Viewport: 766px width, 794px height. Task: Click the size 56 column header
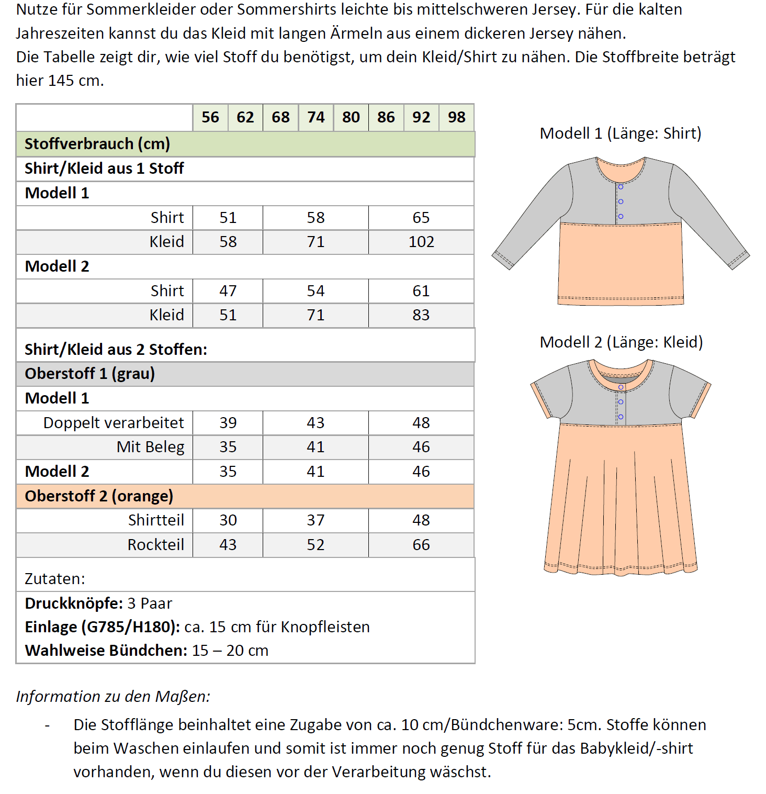click(x=210, y=117)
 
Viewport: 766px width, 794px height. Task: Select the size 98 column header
click(x=456, y=117)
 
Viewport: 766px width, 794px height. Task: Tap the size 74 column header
click(x=316, y=117)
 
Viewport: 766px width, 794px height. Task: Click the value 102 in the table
click(x=421, y=242)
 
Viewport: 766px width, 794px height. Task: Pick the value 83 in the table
click(x=421, y=315)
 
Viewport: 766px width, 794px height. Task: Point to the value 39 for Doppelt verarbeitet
click(x=228, y=423)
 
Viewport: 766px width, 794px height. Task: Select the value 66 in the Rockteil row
click(x=421, y=545)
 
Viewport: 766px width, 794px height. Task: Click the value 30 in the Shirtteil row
click(x=228, y=520)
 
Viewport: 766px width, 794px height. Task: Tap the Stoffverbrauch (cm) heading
click(x=97, y=144)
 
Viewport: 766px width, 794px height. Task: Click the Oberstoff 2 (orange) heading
click(x=99, y=496)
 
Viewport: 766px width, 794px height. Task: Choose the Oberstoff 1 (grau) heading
click(x=90, y=374)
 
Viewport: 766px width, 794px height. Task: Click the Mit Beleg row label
click(x=150, y=447)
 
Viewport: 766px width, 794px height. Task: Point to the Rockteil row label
click(x=155, y=545)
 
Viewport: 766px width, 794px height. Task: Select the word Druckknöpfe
click(x=73, y=603)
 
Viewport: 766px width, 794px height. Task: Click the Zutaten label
click(x=55, y=579)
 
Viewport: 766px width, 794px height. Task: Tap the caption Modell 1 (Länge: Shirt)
click(x=620, y=133)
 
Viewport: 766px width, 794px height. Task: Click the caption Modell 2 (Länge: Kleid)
click(x=621, y=342)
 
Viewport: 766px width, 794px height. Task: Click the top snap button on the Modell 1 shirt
click(x=621, y=187)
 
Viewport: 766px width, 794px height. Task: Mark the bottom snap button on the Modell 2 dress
click(x=621, y=417)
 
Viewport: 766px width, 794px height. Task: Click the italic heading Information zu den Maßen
click(x=113, y=697)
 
